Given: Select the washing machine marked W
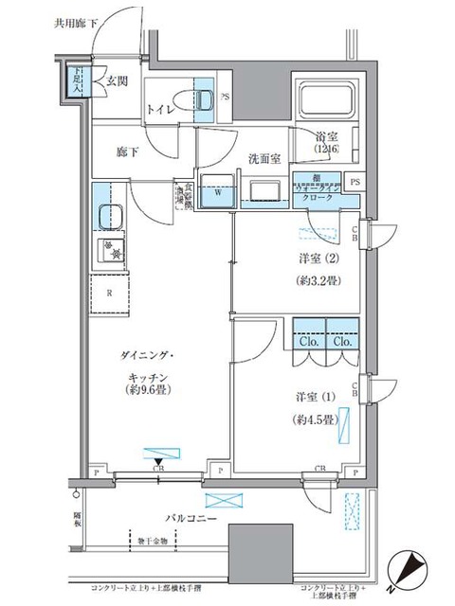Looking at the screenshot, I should click(217, 190).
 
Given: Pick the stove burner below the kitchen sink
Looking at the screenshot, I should click(111, 252).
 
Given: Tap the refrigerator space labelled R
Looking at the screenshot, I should click(110, 293).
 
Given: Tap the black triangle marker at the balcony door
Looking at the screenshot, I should click(158, 462).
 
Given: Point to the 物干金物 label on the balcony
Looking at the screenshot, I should click(151, 542).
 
